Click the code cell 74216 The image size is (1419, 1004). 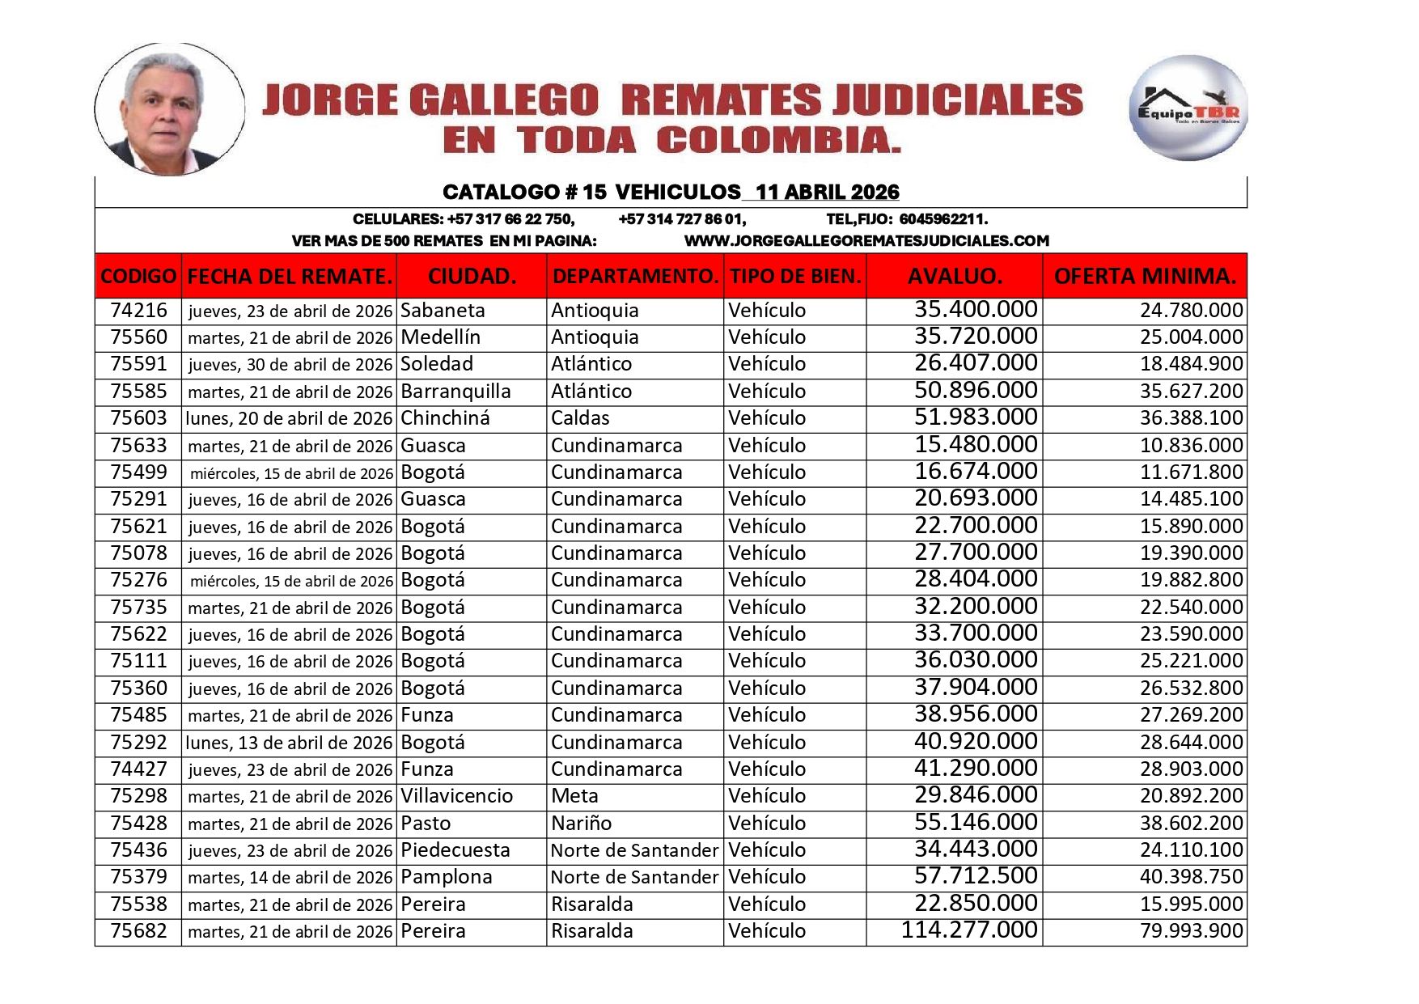(138, 311)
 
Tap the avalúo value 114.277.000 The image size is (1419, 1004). (969, 930)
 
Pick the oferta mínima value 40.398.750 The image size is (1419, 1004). (1191, 877)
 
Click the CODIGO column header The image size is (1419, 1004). (138, 276)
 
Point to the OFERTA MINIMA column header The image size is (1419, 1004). (1144, 276)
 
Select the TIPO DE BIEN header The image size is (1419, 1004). (794, 276)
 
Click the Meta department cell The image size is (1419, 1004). (574, 796)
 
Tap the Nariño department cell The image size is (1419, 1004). (581, 824)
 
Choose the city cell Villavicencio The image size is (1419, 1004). (456, 796)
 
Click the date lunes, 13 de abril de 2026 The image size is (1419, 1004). (289, 743)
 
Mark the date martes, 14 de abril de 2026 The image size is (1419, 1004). (290, 878)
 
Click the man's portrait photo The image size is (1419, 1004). (169, 109)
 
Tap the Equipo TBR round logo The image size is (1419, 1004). (1188, 108)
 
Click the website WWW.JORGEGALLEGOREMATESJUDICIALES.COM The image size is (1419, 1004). (866, 241)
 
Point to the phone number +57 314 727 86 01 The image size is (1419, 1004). (682, 219)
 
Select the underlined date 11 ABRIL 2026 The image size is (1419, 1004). (827, 193)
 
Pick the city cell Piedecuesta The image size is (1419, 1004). (455, 850)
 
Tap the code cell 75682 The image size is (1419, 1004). (138, 931)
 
